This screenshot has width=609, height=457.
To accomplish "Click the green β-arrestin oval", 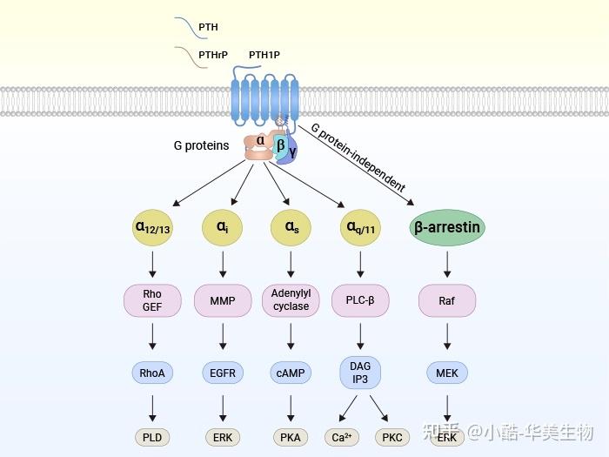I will coord(447,228).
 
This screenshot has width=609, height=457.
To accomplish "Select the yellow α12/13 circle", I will coord(152,228).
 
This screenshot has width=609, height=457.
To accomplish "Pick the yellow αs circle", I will coord(291,228).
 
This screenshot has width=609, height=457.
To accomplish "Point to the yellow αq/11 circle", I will coord(360,228).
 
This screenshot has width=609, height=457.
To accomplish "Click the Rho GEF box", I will coord(152,300).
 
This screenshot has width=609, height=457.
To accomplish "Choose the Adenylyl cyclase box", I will coord(291,300).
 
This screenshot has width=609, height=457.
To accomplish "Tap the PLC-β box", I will coord(360,300).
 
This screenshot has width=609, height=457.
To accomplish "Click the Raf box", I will coord(447,300).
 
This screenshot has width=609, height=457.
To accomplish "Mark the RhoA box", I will coord(152,373).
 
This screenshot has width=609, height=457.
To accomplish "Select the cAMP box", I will coord(291,373).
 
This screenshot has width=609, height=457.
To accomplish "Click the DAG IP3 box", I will coord(360,373).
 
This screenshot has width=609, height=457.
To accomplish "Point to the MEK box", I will coord(447,373).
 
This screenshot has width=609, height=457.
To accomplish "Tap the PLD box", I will coord(152,437).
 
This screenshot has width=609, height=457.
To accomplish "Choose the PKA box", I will coord(291,437).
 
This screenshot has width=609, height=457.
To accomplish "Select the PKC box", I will coord(391,437).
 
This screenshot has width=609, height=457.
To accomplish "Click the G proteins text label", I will coord(201,145).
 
